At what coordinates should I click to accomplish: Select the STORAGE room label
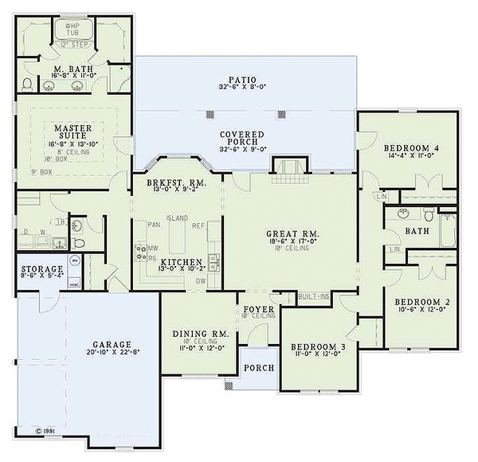tap(37, 269)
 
